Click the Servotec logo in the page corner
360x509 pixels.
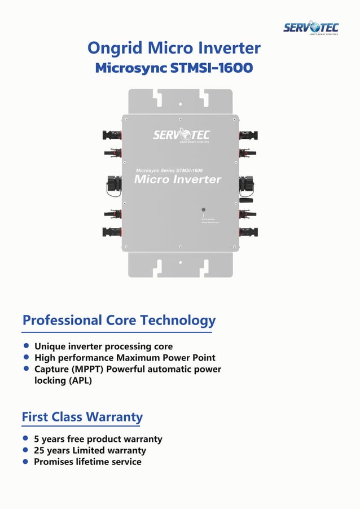click(x=310, y=28)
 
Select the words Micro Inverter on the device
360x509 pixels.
click(x=178, y=179)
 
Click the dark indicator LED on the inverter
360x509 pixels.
click(x=204, y=209)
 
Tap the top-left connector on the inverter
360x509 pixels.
click(x=111, y=135)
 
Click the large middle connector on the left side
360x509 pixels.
click(x=113, y=185)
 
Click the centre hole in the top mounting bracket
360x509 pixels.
click(x=180, y=104)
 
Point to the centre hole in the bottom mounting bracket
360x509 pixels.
click(x=180, y=262)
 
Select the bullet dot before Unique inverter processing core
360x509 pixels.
click(x=26, y=346)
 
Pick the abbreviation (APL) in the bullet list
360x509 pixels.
click(x=80, y=381)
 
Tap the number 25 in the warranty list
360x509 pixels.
click(x=39, y=450)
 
